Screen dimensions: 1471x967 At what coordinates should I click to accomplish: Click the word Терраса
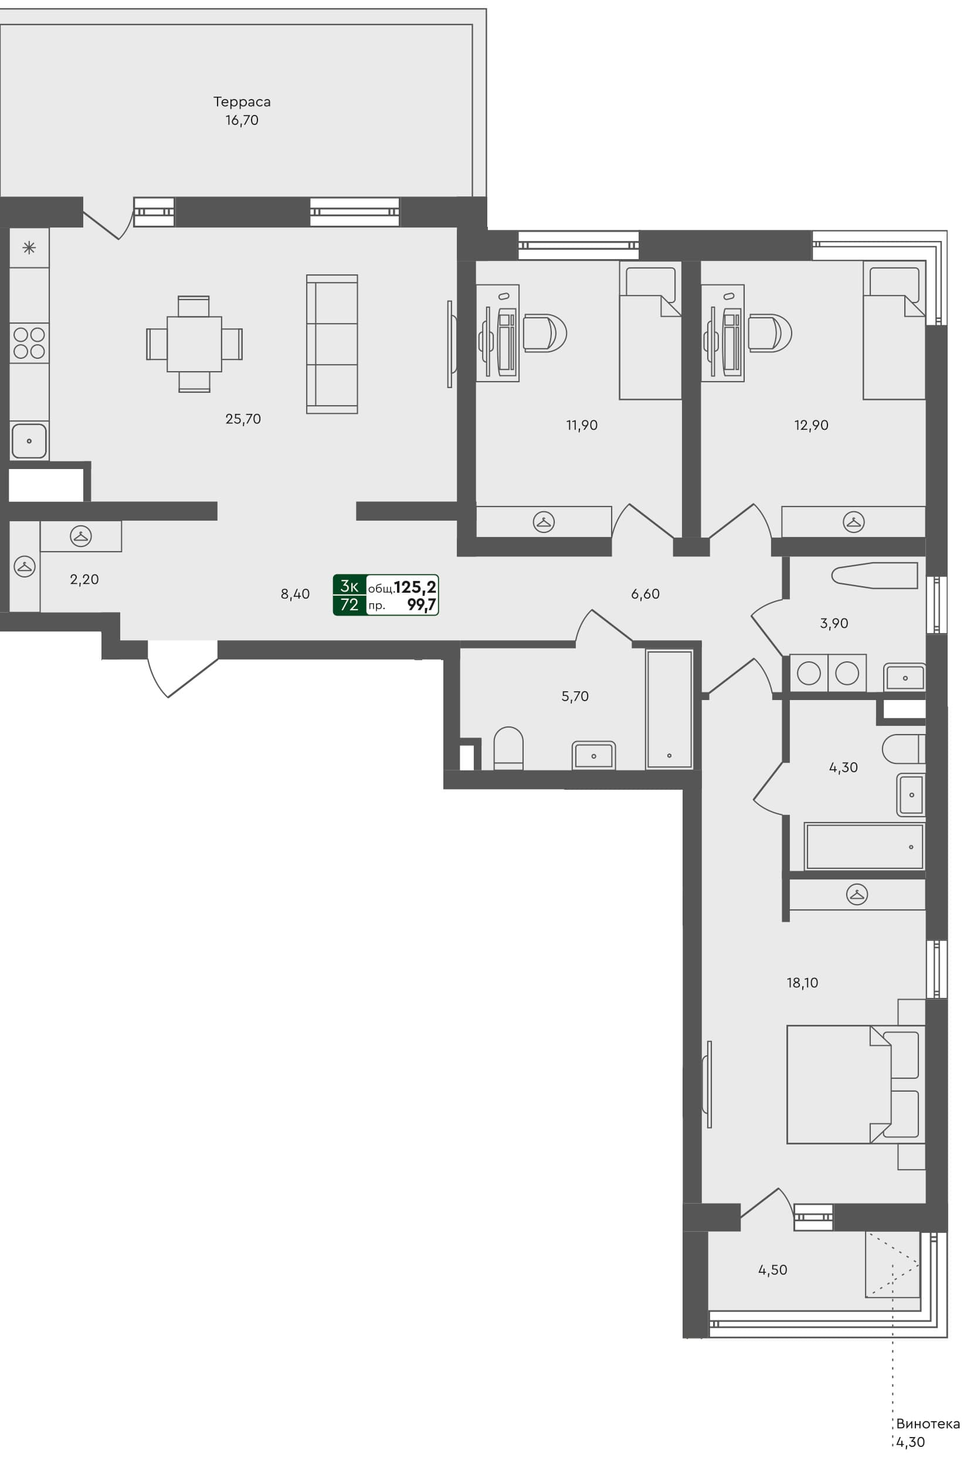point(242,101)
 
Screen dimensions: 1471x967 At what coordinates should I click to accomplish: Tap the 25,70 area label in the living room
point(243,419)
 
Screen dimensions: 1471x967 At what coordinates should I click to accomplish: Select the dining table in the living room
point(194,344)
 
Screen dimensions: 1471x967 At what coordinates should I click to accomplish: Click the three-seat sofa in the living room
point(332,344)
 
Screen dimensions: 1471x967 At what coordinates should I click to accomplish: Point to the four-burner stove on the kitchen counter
point(29,343)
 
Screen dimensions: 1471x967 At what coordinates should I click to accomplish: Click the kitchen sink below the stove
point(29,441)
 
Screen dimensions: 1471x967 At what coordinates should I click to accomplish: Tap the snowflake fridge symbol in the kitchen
point(29,249)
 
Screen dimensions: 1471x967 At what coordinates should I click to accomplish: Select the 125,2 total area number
point(415,586)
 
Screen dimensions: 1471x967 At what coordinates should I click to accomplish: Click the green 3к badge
point(350,586)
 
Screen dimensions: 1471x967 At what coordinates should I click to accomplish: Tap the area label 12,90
point(810,425)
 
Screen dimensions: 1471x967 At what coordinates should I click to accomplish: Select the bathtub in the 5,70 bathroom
point(669,709)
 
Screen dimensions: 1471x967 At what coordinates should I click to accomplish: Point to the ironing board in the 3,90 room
point(874,575)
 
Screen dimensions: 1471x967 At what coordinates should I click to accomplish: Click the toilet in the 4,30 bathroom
point(902,749)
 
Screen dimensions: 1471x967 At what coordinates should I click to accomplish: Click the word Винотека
point(928,1424)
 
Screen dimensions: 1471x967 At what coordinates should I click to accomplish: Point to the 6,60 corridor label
point(645,594)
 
